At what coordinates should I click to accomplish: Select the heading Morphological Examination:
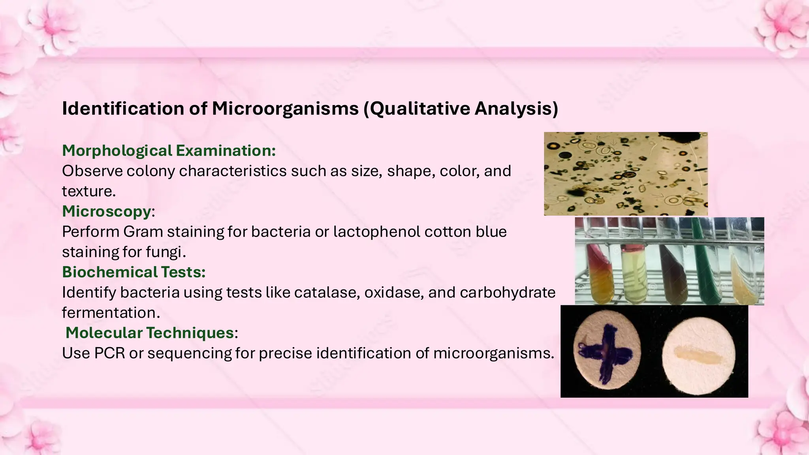tap(169, 150)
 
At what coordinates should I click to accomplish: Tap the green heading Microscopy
tap(107, 211)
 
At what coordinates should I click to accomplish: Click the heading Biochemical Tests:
tap(134, 272)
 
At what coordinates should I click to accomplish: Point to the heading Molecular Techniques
tap(150, 333)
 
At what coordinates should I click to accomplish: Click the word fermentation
tap(111, 313)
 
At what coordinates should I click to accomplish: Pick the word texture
tap(88, 191)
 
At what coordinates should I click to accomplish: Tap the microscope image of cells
tap(625, 174)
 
